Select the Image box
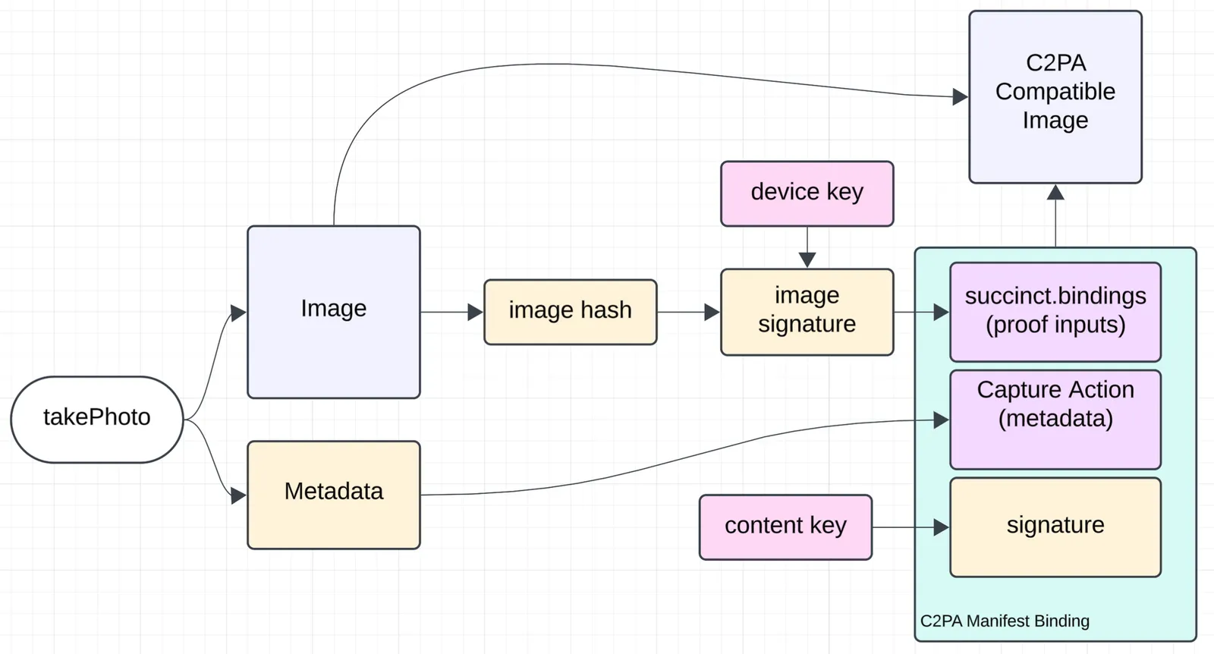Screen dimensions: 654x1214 [334, 312]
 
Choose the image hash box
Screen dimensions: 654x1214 [571, 312]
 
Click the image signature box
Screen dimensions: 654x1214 [807, 312]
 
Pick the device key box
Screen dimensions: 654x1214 [807, 193]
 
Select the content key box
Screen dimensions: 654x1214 [785, 527]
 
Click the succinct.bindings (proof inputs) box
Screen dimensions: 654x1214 [1055, 312]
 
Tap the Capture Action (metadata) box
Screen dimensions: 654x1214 [1055, 420]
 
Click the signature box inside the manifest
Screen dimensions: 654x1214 [1055, 527]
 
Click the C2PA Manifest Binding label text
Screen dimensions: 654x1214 [1005, 621]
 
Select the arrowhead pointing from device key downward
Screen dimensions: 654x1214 [807, 259]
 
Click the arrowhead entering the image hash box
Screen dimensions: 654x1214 [476, 312]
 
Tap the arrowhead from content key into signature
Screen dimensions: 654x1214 [941, 527]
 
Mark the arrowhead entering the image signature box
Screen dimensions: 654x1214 [712, 312]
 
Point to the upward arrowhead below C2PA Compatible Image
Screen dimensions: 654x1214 [1055, 193]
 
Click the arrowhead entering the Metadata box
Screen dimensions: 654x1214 [238, 496]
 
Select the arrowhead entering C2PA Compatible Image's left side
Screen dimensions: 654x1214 [960, 97]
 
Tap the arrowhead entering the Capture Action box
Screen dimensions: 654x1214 [941, 420]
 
